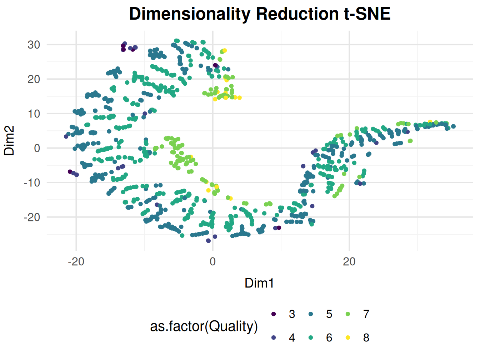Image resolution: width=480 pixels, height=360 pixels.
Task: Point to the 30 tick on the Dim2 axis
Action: point(34,45)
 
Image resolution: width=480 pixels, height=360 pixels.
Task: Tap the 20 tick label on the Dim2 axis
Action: point(34,79)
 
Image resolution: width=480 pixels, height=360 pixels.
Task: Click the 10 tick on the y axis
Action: point(34,114)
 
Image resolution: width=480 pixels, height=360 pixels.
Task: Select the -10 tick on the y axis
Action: point(32,183)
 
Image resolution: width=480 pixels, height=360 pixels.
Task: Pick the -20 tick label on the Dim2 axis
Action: point(32,217)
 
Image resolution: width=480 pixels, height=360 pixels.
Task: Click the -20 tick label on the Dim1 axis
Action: point(76,262)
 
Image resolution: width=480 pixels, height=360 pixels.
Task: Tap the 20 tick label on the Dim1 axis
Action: point(349,262)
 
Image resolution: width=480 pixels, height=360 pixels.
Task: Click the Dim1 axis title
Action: point(259,283)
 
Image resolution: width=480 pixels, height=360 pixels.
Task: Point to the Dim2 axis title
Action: point(10,140)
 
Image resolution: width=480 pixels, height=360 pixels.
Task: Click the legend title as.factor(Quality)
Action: point(204,326)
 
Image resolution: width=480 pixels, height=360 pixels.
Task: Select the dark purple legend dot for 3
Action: point(274,314)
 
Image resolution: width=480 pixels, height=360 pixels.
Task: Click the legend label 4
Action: point(292,338)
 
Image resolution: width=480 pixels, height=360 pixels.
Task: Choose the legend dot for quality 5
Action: point(311,314)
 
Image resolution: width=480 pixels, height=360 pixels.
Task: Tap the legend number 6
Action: point(329,338)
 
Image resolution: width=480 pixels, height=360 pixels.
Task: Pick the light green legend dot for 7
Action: point(348,314)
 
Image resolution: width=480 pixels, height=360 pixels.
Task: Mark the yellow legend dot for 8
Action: point(348,338)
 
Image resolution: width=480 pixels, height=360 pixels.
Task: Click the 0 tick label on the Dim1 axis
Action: point(213,262)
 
